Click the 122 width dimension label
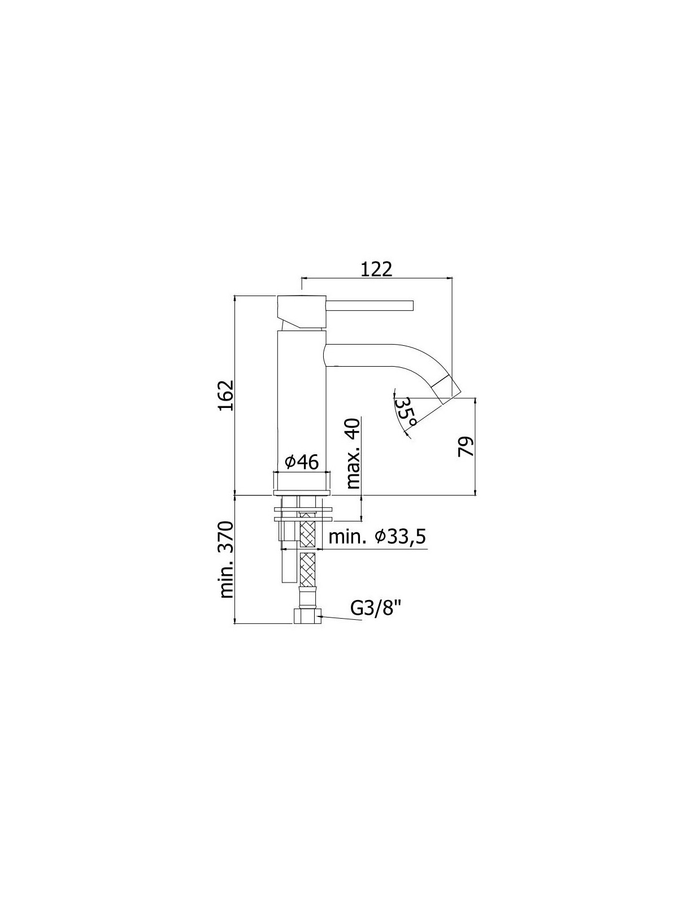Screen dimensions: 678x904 pos(377,270)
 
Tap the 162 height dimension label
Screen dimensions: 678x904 pos(226,395)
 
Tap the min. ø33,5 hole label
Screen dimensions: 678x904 pos(377,537)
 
